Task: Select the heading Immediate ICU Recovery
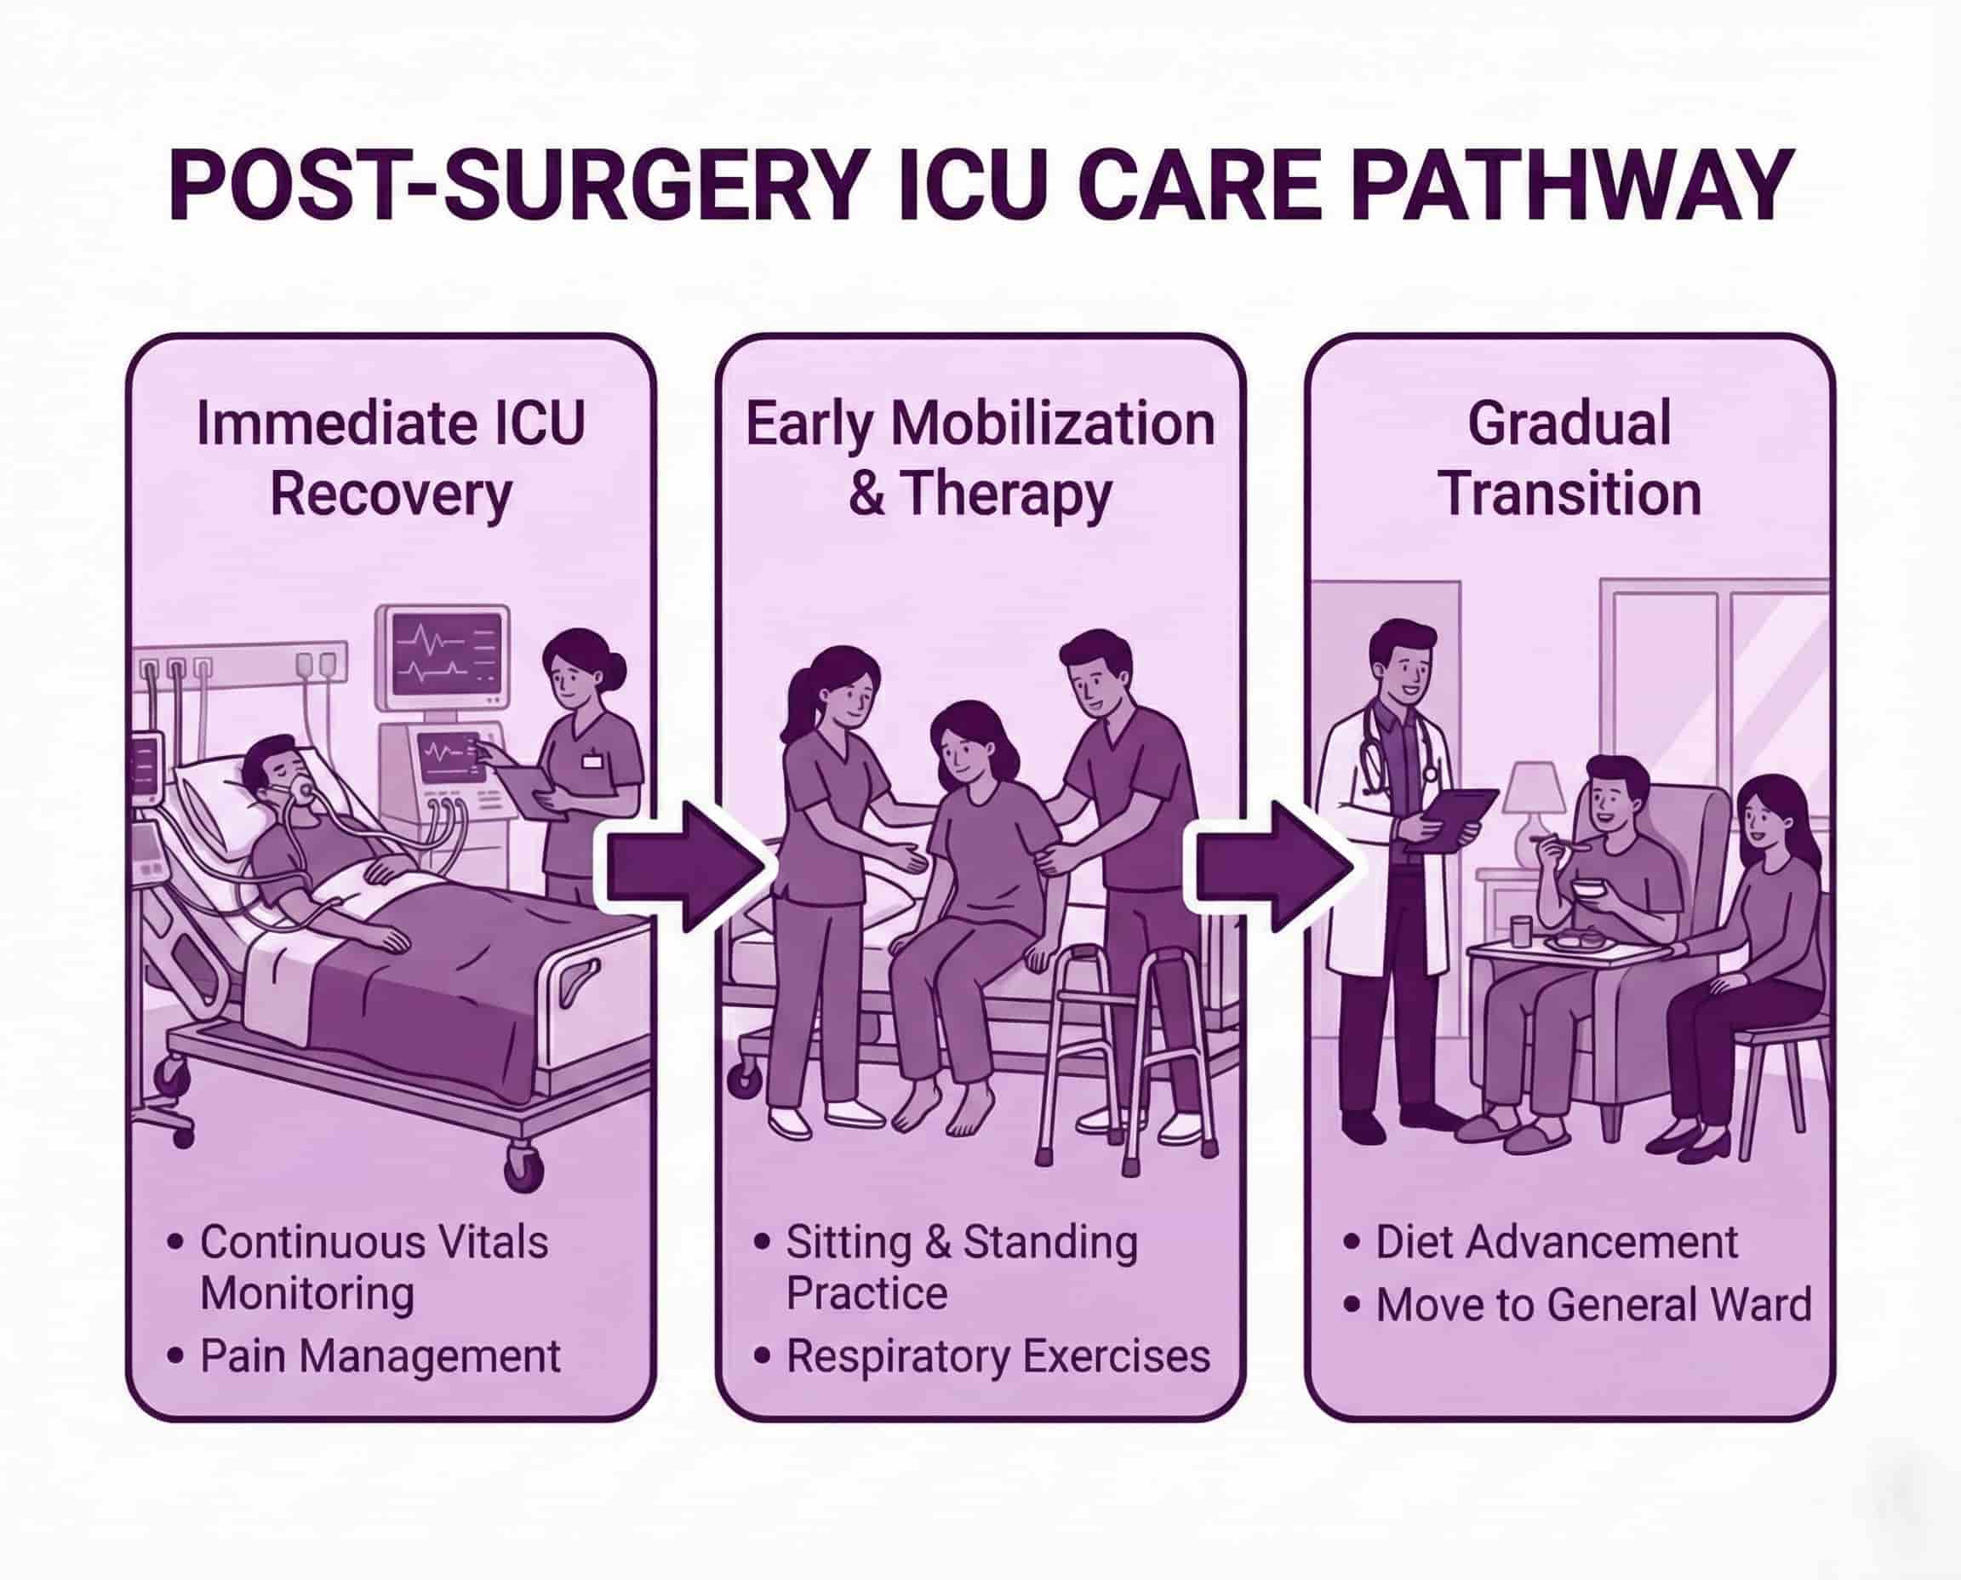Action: coord(391,459)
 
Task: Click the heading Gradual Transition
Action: coord(1569,459)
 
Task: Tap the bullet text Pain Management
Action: coord(380,1356)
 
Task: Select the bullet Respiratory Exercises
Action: coord(998,1356)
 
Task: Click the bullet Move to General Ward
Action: coord(1592,1304)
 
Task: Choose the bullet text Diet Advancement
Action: coord(1556,1241)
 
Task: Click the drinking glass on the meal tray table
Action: coord(1518,932)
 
